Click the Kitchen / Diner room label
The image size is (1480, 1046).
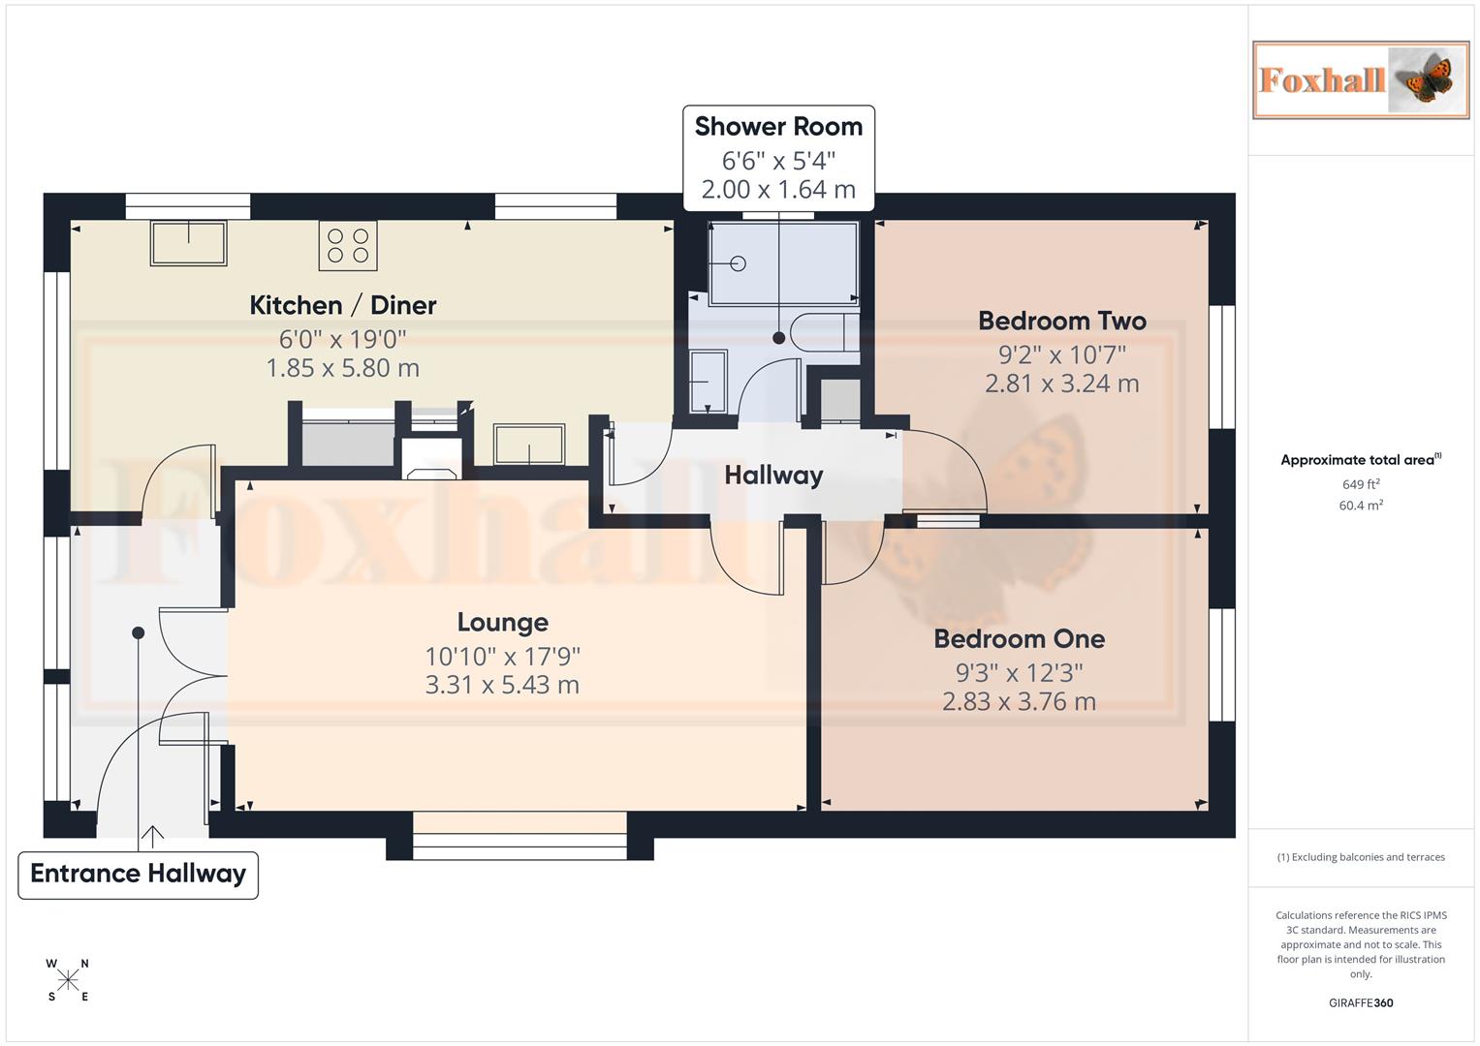343,305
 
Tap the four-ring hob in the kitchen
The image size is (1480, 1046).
348,245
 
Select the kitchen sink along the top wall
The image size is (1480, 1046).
188,243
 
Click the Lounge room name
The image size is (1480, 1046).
502,622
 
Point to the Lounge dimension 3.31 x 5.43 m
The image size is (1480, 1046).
502,685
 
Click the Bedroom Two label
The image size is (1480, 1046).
1061,321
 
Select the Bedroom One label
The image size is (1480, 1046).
1019,638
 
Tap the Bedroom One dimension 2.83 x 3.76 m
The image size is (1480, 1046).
1019,701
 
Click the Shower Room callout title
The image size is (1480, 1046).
778,127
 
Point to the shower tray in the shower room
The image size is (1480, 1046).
783,262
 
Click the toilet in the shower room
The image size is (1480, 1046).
823,332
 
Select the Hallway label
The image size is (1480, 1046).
773,475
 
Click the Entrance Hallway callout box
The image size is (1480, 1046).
139,875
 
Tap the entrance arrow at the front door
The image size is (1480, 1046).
152,835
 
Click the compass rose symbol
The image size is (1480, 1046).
68,980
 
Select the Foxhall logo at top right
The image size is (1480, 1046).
1361,80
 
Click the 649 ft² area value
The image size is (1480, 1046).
1361,484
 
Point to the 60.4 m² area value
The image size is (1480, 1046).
1361,506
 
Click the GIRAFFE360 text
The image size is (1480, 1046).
1361,1003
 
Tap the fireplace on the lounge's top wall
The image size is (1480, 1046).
432,459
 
